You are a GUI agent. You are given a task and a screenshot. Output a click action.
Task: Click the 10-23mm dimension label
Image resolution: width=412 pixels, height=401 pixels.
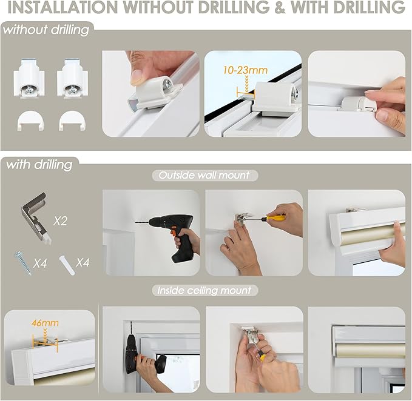tap(245, 70)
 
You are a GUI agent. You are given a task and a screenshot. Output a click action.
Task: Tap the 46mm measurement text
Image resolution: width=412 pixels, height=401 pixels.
tap(45, 323)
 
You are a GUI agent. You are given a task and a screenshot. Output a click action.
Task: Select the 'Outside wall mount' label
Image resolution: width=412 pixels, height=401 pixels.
tap(204, 175)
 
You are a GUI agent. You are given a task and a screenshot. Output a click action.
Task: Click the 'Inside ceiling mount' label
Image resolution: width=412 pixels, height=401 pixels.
tap(204, 291)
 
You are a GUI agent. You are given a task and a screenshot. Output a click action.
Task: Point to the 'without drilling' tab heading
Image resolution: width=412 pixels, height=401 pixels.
tap(46, 30)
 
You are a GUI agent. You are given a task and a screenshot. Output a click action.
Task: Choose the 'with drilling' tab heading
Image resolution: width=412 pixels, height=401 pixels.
tap(39, 165)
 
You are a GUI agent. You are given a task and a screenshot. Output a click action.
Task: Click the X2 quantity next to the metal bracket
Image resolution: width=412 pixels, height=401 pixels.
tap(60, 221)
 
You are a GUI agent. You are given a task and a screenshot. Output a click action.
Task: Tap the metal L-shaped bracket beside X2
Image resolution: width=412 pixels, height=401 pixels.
tap(36, 218)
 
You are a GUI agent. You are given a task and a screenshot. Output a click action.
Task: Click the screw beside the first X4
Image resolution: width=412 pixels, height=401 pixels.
tap(23, 263)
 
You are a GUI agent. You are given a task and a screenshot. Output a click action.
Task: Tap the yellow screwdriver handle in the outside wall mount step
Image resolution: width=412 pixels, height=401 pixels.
tap(276, 217)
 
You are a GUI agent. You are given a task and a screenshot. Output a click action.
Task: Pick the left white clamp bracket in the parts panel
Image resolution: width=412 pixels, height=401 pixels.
tap(29, 78)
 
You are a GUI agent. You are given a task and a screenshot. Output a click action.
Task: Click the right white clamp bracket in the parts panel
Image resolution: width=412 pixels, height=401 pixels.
tap(73, 78)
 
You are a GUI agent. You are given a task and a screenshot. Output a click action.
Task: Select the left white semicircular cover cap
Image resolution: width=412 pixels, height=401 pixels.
tap(30, 120)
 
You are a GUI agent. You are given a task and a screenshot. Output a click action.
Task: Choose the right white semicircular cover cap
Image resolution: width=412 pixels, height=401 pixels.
tap(72, 120)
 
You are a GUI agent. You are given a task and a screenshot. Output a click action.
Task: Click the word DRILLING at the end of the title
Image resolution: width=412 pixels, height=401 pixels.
tap(348, 7)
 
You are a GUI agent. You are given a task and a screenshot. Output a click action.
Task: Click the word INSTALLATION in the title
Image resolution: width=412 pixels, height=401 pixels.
tap(62, 7)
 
